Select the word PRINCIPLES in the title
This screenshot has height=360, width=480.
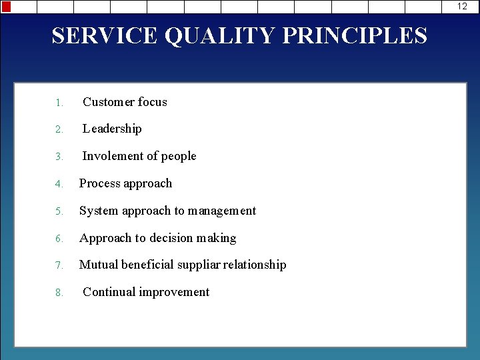pyautogui.click(x=355, y=35)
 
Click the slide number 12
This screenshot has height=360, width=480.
pyautogui.click(x=462, y=6)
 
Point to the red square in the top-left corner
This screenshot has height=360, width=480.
pyautogui.click(x=6, y=6)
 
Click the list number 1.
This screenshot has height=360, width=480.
pyautogui.click(x=59, y=103)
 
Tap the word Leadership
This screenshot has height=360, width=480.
pyautogui.click(x=112, y=129)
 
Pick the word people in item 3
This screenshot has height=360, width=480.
pyautogui.click(x=179, y=157)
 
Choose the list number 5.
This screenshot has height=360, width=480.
pyautogui.click(x=59, y=211)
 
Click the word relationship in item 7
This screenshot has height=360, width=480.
pyautogui.click(x=256, y=265)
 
